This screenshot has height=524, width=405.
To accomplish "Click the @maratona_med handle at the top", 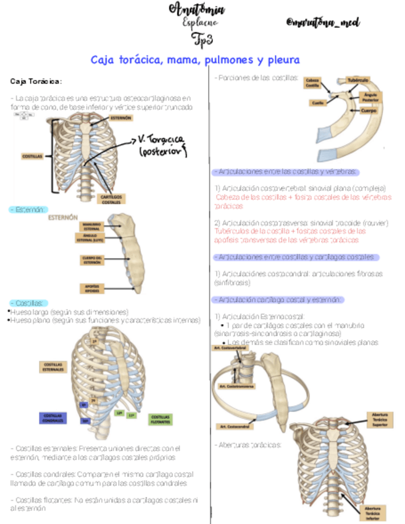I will (x=324, y=23).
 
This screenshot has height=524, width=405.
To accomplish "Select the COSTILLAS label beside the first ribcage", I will (x=32, y=156).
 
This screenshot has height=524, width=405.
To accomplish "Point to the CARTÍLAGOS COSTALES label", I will (x=112, y=198).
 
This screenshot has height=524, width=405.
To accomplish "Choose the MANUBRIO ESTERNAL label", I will (x=92, y=226).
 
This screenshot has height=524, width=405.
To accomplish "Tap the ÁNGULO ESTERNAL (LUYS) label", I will (x=91, y=239).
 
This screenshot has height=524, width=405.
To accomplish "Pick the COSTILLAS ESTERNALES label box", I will (x=54, y=366).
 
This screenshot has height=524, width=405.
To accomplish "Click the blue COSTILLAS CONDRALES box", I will (x=52, y=418).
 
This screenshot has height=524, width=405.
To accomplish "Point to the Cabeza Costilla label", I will (x=313, y=83).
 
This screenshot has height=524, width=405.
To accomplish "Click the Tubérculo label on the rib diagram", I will (x=357, y=80).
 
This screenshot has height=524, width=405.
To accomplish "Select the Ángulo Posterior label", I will (x=370, y=97).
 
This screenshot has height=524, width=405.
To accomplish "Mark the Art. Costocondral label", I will (x=230, y=426).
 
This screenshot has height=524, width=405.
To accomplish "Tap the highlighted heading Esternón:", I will (x=28, y=210).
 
